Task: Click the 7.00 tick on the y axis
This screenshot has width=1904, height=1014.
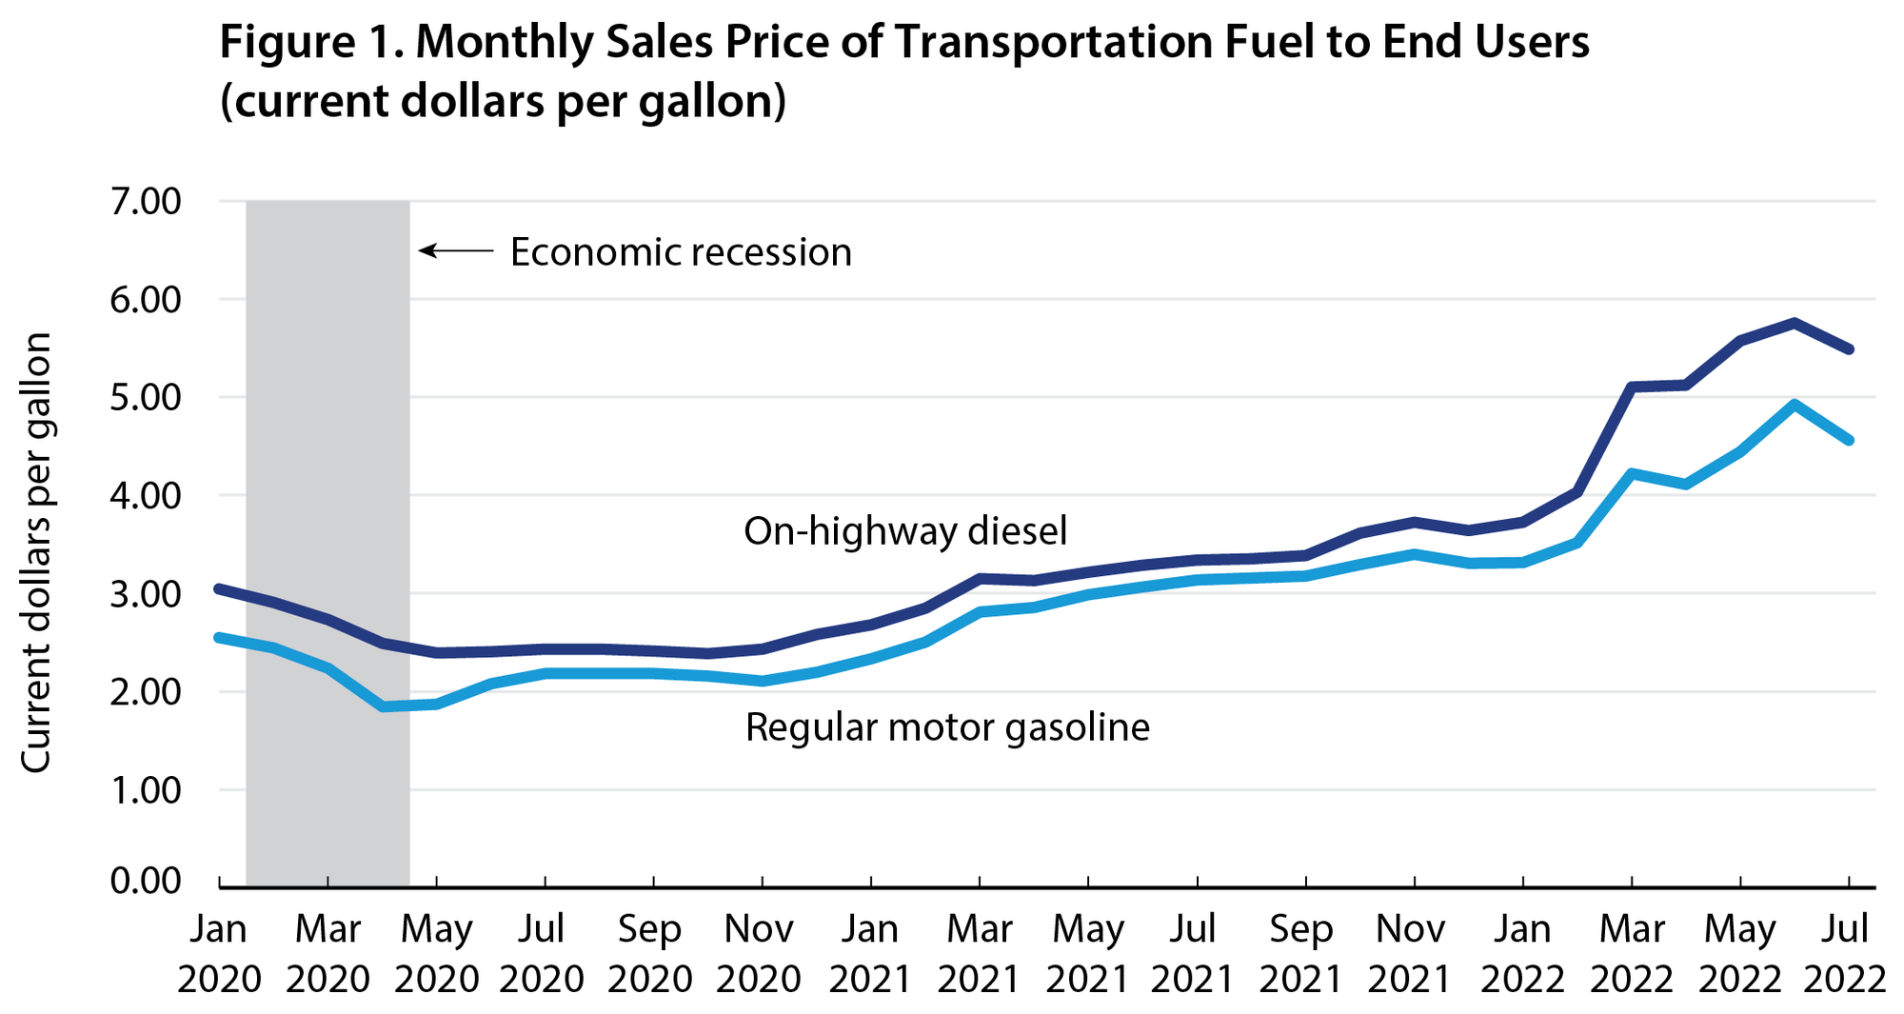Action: pyautogui.click(x=145, y=202)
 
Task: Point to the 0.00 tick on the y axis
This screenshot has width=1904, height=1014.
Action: pyautogui.click(x=145, y=881)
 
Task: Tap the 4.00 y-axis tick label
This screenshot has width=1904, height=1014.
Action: pyautogui.click(x=145, y=495)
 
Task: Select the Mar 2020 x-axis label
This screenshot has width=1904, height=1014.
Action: pyautogui.click(x=327, y=953)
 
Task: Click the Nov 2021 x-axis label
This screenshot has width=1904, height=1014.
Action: pyautogui.click(x=1413, y=953)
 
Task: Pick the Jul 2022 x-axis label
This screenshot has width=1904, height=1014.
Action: pyautogui.click(x=1847, y=953)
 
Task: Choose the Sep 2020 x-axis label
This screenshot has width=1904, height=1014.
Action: pyautogui.click(x=653, y=953)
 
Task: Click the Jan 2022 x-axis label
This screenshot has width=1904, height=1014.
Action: pyautogui.click(x=1521, y=953)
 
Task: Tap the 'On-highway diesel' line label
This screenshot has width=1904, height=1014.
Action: pyautogui.click(x=905, y=531)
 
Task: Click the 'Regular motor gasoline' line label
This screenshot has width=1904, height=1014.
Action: pyautogui.click(x=947, y=727)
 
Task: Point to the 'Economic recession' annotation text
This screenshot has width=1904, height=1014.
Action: pyautogui.click(x=681, y=252)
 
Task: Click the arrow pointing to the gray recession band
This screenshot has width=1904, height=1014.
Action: pyautogui.click(x=456, y=251)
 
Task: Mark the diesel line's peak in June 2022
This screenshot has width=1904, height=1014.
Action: pyautogui.click(x=1794, y=323)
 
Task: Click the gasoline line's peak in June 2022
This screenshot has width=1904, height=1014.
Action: pyautogui.click(x=1794, y=404)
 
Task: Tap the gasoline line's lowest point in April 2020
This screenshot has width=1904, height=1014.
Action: pyautogui.click(x=383, y=706)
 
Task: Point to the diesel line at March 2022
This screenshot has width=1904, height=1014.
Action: pyautogui.click(x=1632, y=387)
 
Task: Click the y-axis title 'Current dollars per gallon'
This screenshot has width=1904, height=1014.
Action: pyautogui.click(x=36, y=552)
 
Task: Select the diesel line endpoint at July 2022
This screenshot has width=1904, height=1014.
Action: pyautogui.click(x=1848, y=349)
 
